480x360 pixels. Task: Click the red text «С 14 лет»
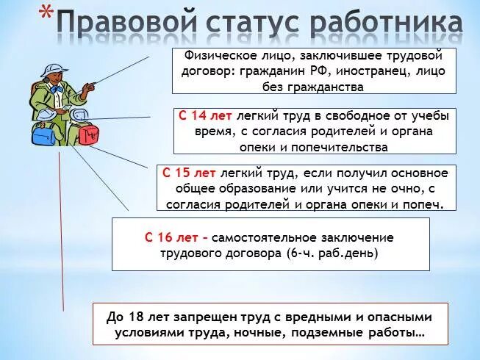tap(203, 116)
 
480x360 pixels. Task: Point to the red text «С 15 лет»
tap(189, 173)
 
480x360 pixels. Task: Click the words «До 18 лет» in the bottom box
tap(135, 317)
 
